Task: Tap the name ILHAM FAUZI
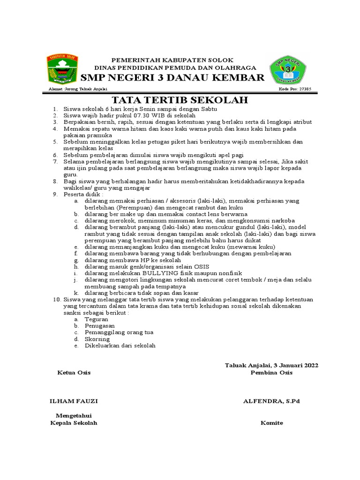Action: click(74, 401)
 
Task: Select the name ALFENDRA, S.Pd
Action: click(271, 401)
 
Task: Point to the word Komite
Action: click(272, 423)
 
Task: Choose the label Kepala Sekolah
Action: click(74, 423)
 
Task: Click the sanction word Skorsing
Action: click(97, 339)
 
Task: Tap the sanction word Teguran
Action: click(97, 319)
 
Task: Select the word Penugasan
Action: click(99, 325)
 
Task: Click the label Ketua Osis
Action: click(74, 373)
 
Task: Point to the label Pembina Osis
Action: click(271, 373)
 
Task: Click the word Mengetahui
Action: click(74, 416)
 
